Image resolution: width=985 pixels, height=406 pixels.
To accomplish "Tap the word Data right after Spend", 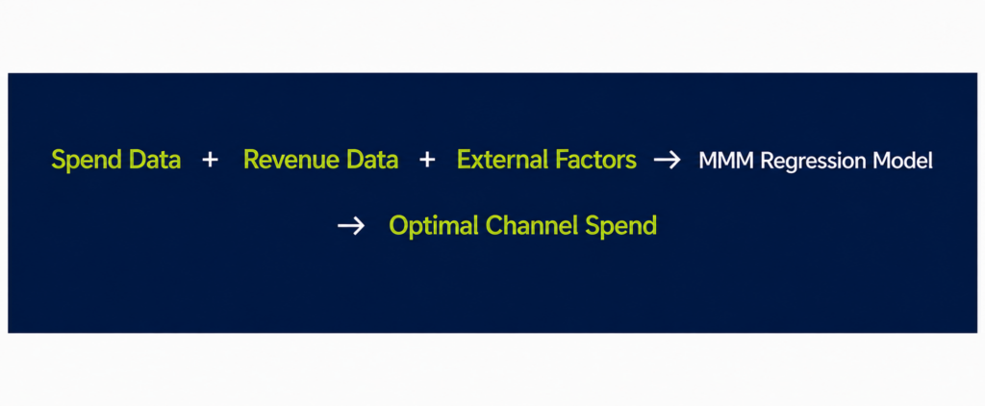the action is (x=155, y=160).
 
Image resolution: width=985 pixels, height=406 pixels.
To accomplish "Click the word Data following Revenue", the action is (x=373, y=160).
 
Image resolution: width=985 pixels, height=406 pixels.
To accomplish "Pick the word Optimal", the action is (x=435, y=226).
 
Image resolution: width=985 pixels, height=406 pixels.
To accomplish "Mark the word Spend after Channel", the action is (x=621, y=226).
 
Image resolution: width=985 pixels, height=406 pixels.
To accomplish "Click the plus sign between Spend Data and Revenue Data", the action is (x=210, y=161).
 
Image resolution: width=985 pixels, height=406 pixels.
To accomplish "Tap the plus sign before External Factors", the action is (x=427, y=161).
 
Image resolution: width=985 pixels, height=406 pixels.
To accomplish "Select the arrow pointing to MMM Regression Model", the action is (x=668, y=161).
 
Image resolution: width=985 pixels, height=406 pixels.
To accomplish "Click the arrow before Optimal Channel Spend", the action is (x=351, y=225).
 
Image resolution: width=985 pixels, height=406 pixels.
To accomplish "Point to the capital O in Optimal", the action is (x=399, y=225).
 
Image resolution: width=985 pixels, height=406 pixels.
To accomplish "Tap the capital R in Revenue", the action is (x=251, y=161).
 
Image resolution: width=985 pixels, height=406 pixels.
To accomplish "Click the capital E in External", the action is (x=465, y=161).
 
